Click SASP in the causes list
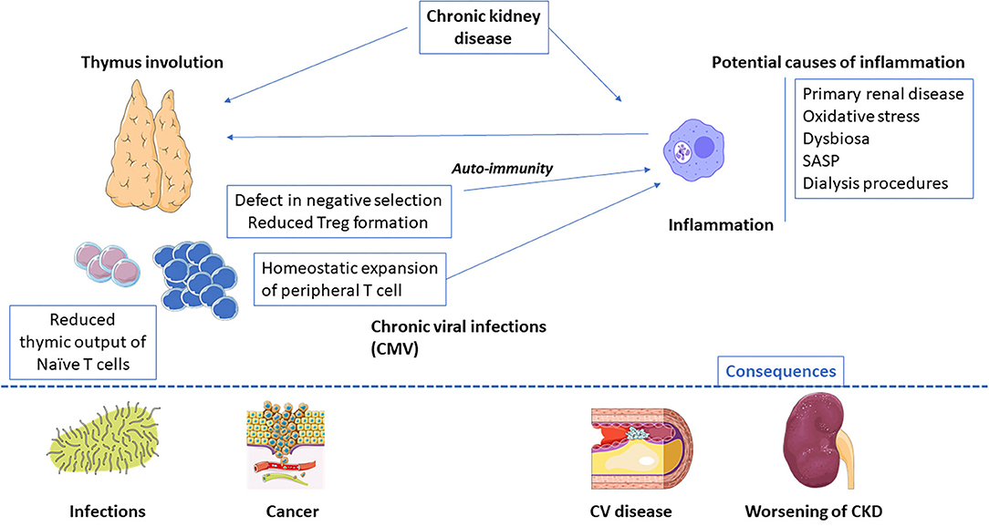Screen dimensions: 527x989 [x=821, y=161]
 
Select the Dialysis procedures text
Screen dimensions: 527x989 [x=875, y=183]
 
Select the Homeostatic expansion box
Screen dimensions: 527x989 [x=350, y=279]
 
